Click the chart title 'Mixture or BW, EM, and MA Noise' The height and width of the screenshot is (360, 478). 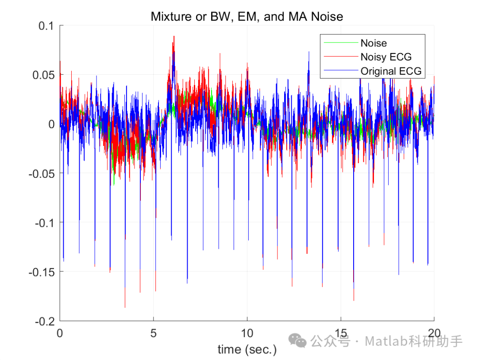point(247,17)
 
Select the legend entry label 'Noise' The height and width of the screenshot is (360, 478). point(374,43)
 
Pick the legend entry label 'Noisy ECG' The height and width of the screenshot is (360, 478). point(386,57)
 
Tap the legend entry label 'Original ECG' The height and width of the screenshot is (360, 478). point(391,71)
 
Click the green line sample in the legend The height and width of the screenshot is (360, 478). point(340,43)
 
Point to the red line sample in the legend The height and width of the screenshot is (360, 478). point(340,57)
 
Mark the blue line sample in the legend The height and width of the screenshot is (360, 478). point(340,71)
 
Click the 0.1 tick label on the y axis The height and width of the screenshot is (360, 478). point(46,26)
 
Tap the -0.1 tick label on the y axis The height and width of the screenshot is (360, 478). point(45,222)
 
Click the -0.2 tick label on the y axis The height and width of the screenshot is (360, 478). point(45,321)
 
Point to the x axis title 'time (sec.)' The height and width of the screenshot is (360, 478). point(247,349)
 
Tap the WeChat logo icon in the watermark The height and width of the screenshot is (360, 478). point(297,341)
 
